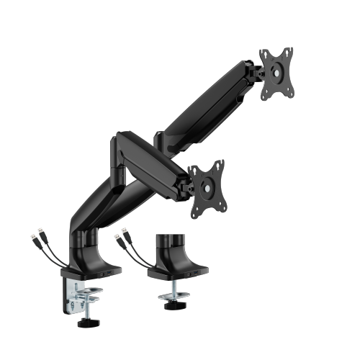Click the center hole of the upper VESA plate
pos(277,72)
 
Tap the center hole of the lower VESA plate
pos(208,187)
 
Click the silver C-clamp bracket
pos(80,295)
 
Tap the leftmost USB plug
pos(35,235)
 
